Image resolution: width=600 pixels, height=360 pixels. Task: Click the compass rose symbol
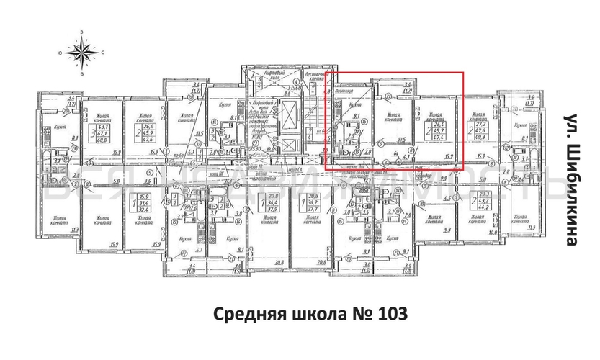(x=81, y=53)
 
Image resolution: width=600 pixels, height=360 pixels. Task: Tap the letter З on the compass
(x=81, y=32)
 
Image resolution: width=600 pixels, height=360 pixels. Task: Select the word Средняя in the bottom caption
(x=245, y=315)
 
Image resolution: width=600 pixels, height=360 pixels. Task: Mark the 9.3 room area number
(x=446, y=230)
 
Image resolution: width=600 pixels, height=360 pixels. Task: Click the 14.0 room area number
(x=493, y=233)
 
